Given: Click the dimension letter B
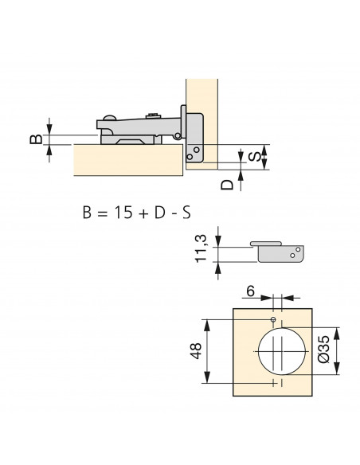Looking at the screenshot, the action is pos(36,139).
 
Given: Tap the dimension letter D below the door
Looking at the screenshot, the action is pos(228,185).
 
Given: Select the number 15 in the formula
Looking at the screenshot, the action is pos(123,213).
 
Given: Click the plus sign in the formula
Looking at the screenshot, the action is pos(143,213).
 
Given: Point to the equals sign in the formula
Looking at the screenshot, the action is pos(103,213).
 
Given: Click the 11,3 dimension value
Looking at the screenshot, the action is pos(201,248).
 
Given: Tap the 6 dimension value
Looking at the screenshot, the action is pos(251,291).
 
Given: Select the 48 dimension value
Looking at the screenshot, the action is pos(196,351).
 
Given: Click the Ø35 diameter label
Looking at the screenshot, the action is pos(323,349).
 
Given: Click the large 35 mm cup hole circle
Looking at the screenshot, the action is pos(281,328).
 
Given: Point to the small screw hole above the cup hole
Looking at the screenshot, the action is pos(273,319).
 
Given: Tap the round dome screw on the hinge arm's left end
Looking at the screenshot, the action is pos(109,117).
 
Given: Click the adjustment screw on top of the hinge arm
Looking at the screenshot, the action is pos(153,115).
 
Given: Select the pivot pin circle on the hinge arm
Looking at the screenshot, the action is pos(178,136).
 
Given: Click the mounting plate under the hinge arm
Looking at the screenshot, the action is pos(131,139).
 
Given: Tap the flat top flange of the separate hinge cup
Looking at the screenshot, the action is pos(266,244).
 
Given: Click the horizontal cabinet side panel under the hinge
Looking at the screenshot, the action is pos(128,160).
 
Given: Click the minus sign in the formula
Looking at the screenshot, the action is pos(174,214).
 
